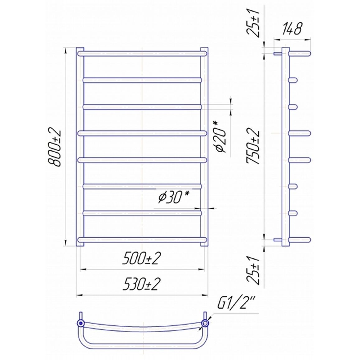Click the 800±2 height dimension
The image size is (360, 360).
(54, 147)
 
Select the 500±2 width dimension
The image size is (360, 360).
(141, 258)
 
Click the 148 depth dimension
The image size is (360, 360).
(291, 29)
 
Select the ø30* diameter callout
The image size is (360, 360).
(174, 197)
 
